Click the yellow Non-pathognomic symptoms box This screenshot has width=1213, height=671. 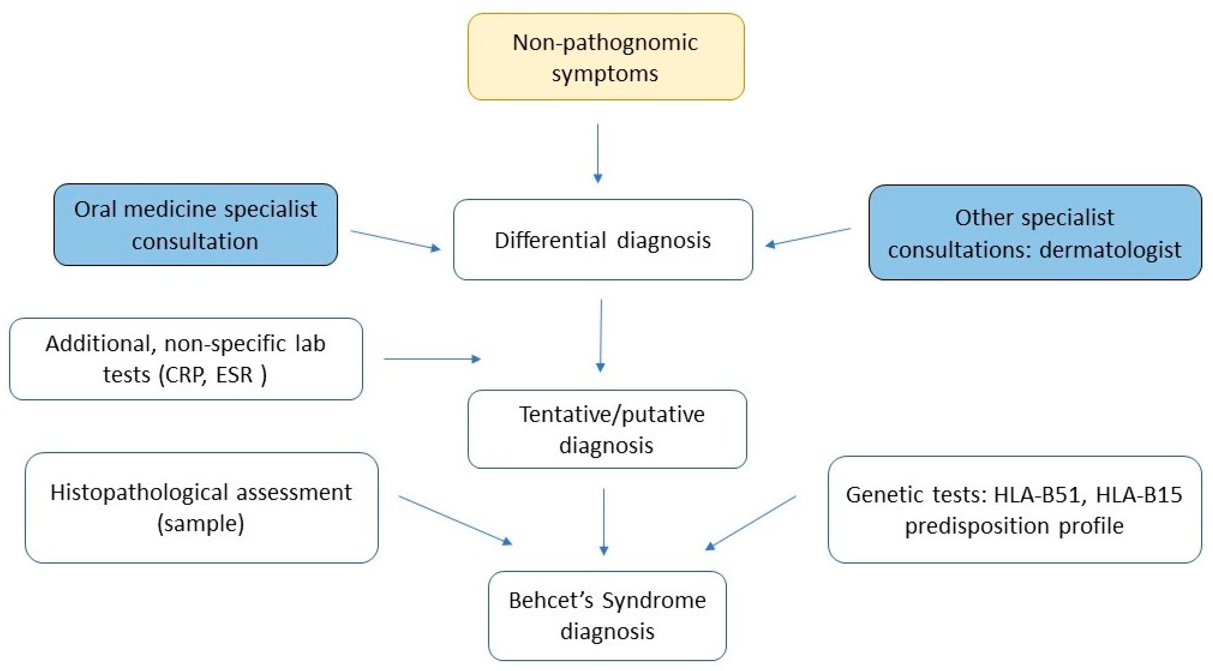tap(606, 57)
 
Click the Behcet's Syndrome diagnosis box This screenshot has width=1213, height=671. tap(607, 615)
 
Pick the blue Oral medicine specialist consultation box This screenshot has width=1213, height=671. tap(195, 224)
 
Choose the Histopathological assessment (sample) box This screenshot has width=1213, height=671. tap(201, 508)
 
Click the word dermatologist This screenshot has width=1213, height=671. tap(1110, 250)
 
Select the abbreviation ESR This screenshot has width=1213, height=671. tap(234, 375)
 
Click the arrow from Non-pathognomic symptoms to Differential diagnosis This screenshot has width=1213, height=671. tap(598, 153)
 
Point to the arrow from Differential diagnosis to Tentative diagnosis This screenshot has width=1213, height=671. tap(601, 335)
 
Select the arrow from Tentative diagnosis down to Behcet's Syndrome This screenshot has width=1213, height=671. tap(604, 521)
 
